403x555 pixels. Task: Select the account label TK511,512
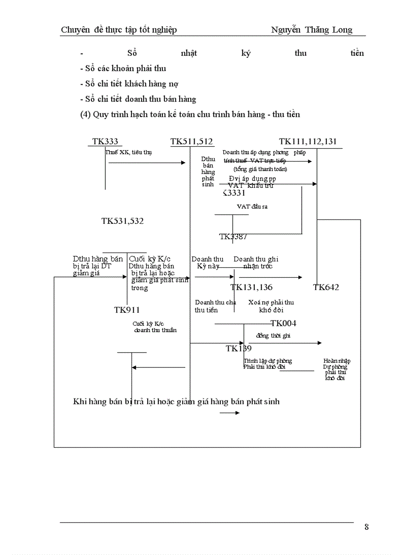(192, 142)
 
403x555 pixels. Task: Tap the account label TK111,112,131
(308, 142)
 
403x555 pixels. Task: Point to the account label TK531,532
(122, 221)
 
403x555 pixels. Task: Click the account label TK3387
(233, 237)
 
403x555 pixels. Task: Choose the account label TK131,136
(251, 287)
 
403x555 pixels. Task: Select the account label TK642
(326, 287)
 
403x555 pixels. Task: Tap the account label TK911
(127, 310)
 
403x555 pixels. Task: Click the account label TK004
(283, 323)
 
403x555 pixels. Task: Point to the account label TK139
(239, 348)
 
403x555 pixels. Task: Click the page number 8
(366, 527)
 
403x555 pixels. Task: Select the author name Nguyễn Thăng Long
(312, 30)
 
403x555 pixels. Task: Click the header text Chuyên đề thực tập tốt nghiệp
(119, 30)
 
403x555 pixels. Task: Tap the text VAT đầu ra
(252, 207)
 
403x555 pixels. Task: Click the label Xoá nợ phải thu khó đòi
(271, 306)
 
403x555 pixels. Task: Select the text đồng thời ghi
(273, 336)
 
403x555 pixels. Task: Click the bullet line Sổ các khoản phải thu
(123, 68)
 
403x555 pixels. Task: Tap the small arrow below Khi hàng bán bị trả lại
(230, 413)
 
